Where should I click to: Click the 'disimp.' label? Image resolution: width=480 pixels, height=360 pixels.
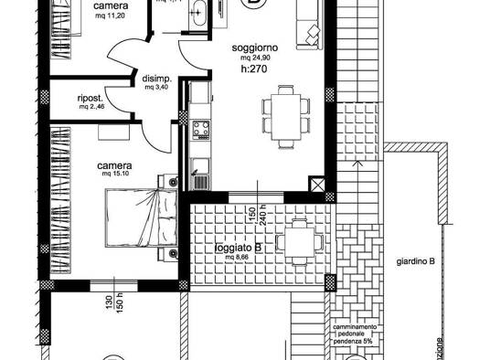tap(155, 78)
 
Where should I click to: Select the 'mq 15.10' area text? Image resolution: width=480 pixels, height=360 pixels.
tap(118, 173)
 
